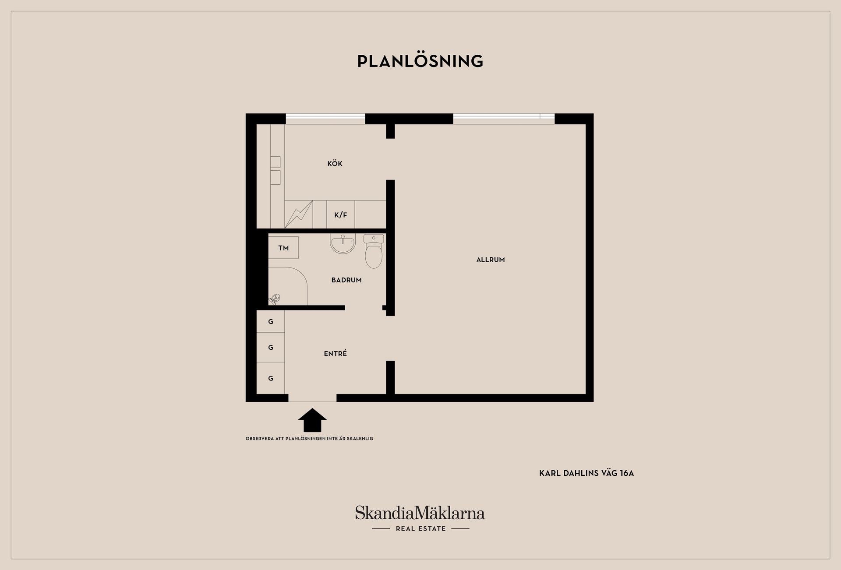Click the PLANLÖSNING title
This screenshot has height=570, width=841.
coord(420,61)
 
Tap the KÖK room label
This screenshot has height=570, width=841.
coord(335,163)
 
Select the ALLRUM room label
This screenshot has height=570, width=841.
coord(491,260)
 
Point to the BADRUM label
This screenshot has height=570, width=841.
coord(346,280)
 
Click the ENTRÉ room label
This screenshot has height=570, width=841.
coord(336,353)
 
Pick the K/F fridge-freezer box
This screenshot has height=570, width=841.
coord(341,215)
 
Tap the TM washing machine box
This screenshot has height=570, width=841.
coord(283,248)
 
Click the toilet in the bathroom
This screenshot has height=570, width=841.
coord(374,251)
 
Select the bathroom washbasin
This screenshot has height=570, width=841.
coord(343,243)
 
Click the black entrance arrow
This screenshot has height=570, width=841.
coord(312,420)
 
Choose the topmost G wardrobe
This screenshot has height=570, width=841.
coord(271,321)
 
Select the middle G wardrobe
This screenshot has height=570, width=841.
coord(271,348)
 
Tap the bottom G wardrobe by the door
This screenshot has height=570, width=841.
coord(271,378)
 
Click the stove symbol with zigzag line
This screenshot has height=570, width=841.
coord(299,215)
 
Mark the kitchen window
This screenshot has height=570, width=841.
coord(325,119)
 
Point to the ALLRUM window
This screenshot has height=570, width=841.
coord(504,119)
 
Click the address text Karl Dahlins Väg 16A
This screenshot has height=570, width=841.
coord(587,473)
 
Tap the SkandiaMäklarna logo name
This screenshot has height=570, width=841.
coord(420,513)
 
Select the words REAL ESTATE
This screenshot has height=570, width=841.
coord(421,529)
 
